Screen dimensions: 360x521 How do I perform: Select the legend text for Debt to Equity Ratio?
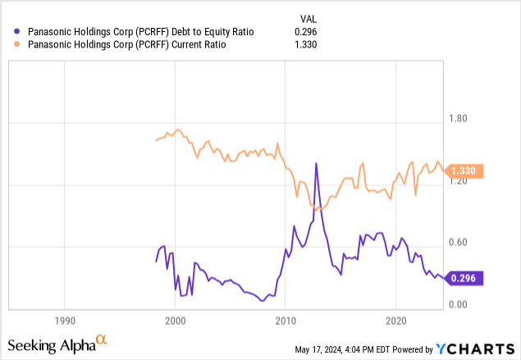point(140,31)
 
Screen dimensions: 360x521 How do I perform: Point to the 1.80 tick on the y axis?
point(457,119)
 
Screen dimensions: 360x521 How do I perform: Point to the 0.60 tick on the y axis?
point(457,243)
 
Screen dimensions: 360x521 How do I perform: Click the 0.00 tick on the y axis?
point(457,304)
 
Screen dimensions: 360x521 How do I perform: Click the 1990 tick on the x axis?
point(64,320)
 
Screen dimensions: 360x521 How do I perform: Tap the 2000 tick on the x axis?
point(175,320)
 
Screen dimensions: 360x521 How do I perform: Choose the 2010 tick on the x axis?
point(286,320)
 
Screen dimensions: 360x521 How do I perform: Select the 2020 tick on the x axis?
point(396,320)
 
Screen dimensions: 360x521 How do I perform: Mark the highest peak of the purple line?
point(316,163)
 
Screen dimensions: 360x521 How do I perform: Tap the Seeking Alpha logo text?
point(57,344)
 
